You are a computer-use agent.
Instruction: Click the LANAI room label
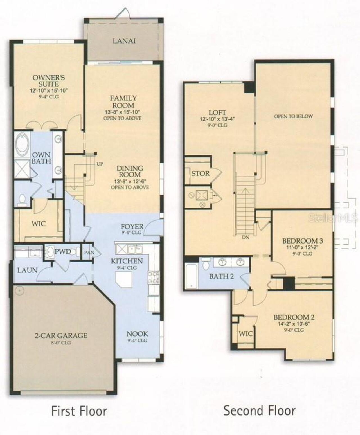[124, 41]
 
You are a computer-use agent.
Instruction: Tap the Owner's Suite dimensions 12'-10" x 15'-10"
[49, 91]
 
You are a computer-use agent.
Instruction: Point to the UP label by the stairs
[100, 164]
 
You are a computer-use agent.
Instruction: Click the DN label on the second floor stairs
[246, 237]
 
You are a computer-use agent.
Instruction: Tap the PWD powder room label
[62, 251]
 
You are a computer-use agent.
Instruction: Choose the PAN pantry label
[89, 253]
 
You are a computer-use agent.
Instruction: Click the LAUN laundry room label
[27, 270]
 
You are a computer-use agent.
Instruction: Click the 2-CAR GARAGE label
[61, 335]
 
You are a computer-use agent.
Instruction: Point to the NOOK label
[137, 334]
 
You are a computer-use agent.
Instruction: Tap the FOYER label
[132, 226]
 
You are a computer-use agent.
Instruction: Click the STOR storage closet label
[200, 173]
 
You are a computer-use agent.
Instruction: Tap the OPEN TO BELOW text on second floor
[293, 116]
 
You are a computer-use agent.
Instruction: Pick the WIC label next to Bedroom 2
[246, 333]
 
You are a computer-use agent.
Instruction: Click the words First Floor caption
[79, 411]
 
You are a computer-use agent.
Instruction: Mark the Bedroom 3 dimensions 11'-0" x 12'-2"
[302, 247]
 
